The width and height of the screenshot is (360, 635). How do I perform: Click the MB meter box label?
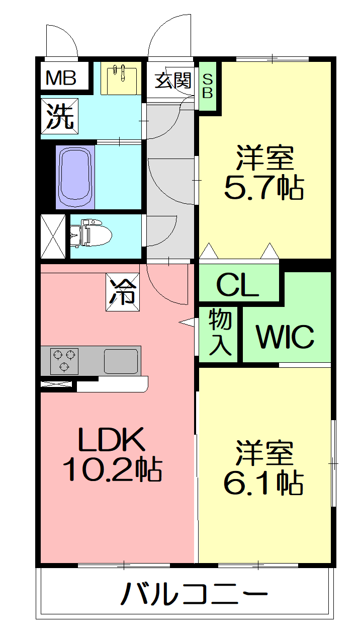[61, 77]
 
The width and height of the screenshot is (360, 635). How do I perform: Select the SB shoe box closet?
[208, 86]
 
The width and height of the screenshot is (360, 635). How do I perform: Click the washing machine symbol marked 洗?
[59, 116]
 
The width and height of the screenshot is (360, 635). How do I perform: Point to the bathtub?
[75, 177]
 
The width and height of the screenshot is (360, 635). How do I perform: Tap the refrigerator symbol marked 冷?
[123, 292]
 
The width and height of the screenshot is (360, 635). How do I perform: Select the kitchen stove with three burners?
[64, 361]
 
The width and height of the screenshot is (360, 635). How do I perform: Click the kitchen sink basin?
[121, 361]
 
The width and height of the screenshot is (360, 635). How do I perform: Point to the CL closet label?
[237, 285]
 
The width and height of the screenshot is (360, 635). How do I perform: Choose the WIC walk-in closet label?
[285, 337]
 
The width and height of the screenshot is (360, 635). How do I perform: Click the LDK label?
[111, 440]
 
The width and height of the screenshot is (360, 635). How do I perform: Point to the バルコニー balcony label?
[194, 594]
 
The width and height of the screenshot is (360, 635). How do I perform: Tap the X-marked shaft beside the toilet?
[53, 236]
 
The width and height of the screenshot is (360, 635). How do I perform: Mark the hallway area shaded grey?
[170, 179]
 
